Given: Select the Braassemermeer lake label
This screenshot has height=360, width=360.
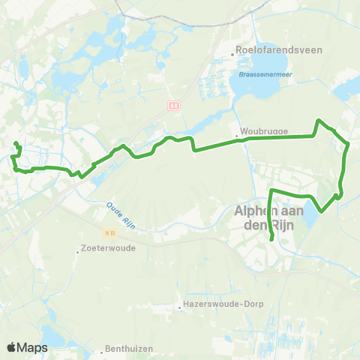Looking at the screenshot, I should (264, 64).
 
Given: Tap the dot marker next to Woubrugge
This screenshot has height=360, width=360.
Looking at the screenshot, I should (236, 136).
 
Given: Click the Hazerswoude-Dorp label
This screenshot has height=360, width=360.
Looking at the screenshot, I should (217, 305).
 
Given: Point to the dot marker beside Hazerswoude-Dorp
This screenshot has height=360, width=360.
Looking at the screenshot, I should (180, 305).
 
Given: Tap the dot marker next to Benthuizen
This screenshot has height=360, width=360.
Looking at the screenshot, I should (101, 351).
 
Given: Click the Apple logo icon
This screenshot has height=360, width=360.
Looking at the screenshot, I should (12, 347).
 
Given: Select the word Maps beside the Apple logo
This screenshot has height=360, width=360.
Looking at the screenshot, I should (33, 347).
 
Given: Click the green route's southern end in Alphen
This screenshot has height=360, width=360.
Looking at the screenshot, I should (271, 239).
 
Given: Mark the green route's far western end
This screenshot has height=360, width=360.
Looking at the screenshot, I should (16, 142).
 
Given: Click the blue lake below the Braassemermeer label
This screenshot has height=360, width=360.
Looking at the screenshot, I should (255, 90).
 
